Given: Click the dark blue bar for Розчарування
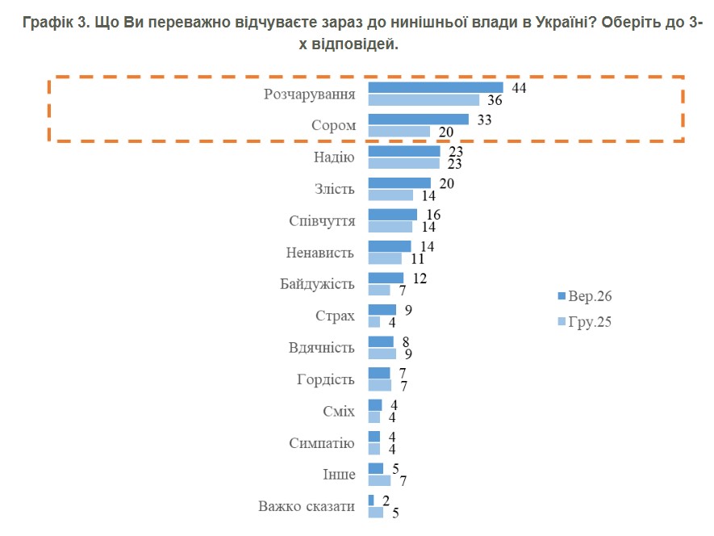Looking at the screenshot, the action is pos(436,87).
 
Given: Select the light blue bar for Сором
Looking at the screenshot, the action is pos(399,132).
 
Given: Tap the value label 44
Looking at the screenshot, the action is pos(519,88).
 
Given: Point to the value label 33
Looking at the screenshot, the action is pos(484,119).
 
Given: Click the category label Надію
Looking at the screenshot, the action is pos(334,157).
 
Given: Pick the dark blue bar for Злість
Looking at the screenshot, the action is pos(399,182).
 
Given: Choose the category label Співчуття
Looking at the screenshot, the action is pos(322,220).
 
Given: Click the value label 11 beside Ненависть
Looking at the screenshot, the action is pos(417,259).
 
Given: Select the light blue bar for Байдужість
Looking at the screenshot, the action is pos(379,291).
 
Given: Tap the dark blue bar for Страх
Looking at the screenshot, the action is pos(382,310).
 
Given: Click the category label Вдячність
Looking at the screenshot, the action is pos(321,348).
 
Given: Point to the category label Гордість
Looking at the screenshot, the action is pos(326,379).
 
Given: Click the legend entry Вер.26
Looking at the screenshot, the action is pos(585,296).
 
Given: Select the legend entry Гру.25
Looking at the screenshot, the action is pos(585,322).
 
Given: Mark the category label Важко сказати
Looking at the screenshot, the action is pos(307,506).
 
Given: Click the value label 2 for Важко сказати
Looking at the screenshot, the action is pos(386,501).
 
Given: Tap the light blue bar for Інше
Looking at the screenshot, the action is pos(379,480).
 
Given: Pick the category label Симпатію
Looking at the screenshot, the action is pos(321,443).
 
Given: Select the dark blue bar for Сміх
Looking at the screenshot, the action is pos(375,405).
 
